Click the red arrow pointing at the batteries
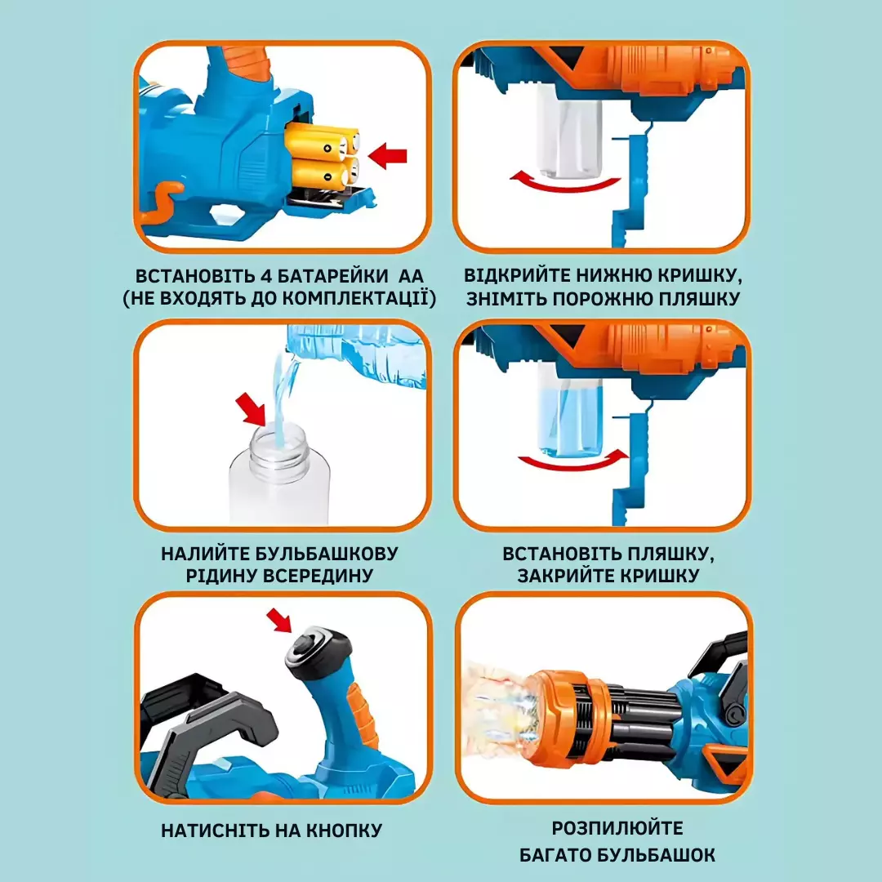[387, 155]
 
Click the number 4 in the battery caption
[266, 276]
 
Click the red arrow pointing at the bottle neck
[251, 408]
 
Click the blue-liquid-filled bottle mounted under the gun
[570, 411]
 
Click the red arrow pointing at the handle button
[279, 620]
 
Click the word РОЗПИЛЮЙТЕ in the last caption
[617, 828]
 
